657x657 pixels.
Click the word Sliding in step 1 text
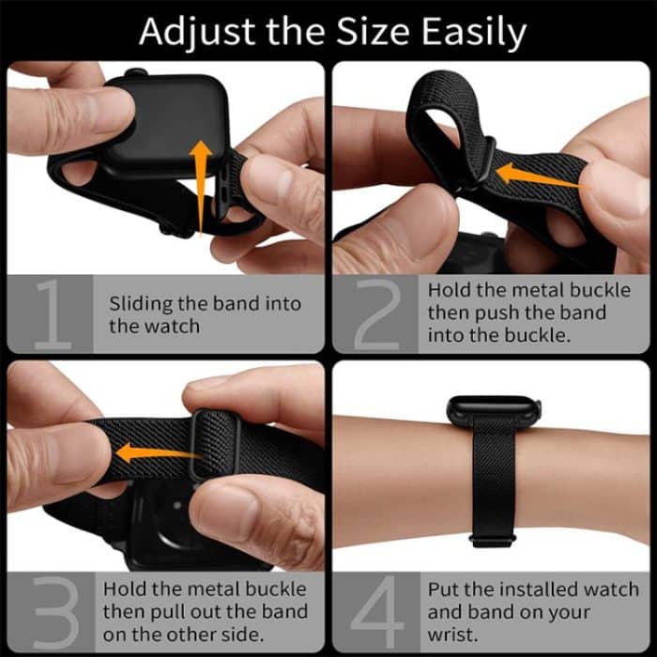139,303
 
